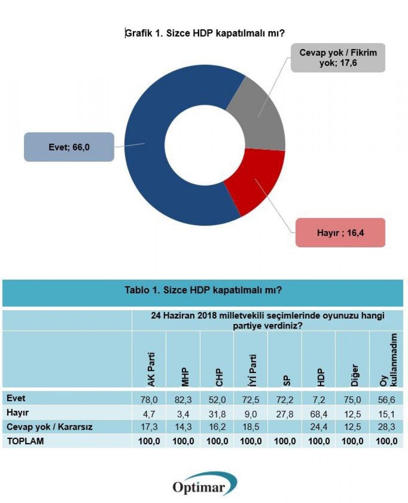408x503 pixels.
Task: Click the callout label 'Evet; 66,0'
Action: (69, 147)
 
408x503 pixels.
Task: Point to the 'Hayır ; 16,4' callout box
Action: (340, 233)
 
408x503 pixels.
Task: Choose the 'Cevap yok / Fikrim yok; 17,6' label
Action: (338, 58)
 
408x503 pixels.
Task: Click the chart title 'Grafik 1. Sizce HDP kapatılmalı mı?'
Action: (205, 34)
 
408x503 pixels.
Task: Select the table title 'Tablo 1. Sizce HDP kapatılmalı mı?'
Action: (203, 290)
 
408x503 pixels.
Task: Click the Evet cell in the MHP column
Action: (183, 400)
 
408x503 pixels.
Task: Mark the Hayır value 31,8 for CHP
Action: (217, 414)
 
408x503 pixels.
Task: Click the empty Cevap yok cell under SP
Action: (284, 427)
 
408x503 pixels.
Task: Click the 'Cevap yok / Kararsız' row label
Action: (49, 427)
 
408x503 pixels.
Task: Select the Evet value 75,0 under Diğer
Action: (351, 400)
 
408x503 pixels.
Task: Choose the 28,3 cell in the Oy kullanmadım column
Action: (386, 427)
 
